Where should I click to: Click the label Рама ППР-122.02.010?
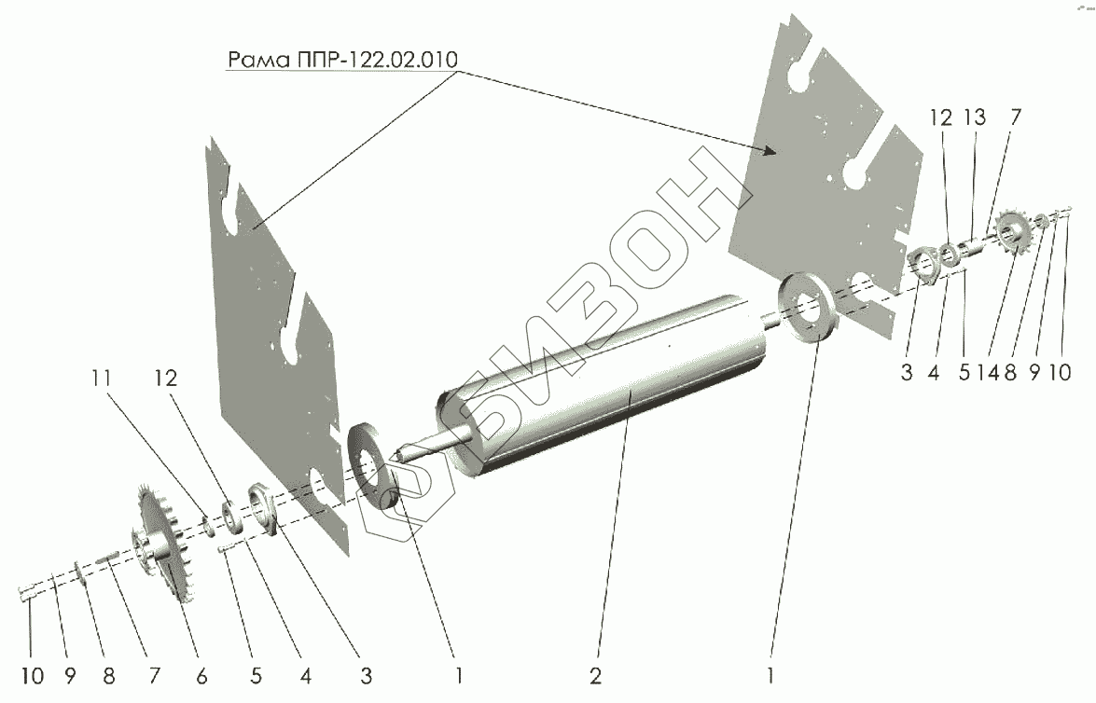342,61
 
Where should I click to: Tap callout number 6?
201,675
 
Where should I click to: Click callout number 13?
972,118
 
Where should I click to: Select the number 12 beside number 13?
940,118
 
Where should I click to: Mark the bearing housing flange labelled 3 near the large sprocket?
264,507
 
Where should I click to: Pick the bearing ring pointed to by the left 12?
228,518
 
